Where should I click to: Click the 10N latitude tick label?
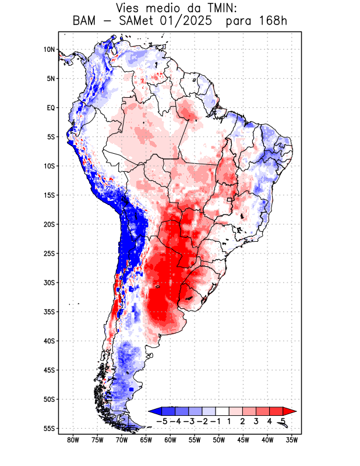49,50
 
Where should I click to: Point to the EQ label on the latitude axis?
51,108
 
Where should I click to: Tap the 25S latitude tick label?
49,253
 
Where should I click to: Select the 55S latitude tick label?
49,428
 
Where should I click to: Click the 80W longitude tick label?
73,440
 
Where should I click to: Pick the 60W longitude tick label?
170,440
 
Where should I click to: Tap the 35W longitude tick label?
292,440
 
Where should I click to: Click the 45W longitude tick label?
243,440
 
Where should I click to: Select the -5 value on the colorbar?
161,421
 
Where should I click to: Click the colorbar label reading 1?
229,421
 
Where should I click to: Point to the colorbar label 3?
256,421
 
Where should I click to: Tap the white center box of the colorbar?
223,411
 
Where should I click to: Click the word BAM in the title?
84,21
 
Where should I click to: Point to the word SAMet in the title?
139,21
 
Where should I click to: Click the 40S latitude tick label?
49,341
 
